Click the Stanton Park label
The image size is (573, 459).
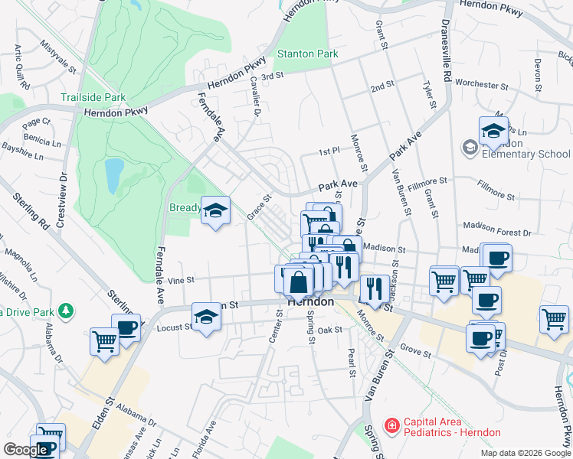click(307, 54)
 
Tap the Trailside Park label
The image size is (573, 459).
click(93, 98)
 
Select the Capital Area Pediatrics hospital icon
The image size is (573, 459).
click(392, 424)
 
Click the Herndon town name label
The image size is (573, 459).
click(310, 302)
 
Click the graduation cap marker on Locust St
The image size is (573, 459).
click(206, 317)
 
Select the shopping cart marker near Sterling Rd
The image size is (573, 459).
click(104, 341)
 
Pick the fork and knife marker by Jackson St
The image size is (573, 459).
click(374, 288)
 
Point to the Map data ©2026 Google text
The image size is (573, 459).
click(526, 453)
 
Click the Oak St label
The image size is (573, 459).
click(329, 330)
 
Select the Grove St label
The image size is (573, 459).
click(416, 353)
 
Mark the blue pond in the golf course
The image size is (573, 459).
click(113, 175)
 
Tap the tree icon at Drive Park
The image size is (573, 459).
click(66, 311)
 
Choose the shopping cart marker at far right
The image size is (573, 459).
click(554, 318)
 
